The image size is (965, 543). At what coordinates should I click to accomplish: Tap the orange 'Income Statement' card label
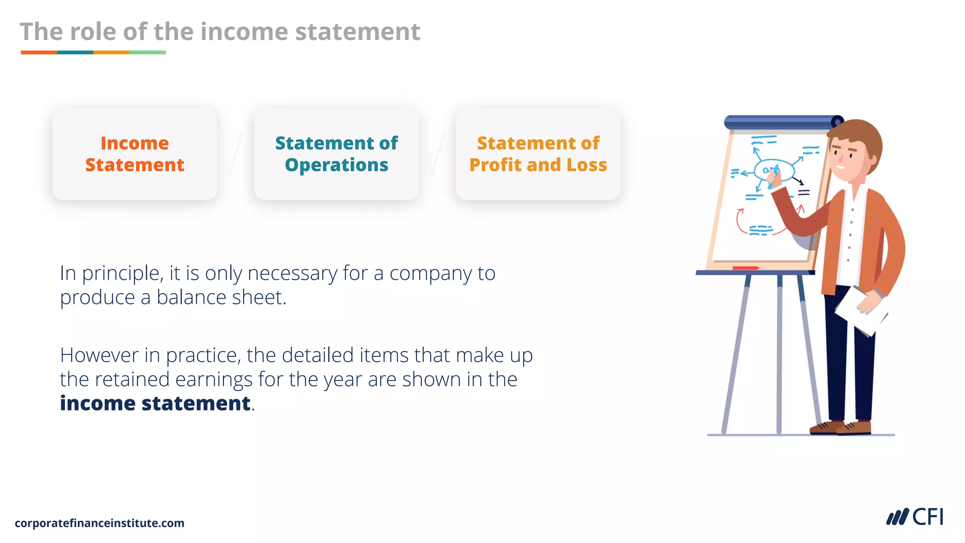pyautogui.click(x=135, y=154)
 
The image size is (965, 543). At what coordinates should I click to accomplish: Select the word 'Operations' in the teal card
pyautogui.click(x=336, y=165)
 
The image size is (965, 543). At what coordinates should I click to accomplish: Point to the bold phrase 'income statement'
pyautogui.click(x=155, y=403)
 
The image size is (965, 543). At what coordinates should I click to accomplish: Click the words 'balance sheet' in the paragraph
pyautogui.click(x=221, y=297)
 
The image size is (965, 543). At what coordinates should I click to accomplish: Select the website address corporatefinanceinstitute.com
pyautogui.click(x=99, y=523)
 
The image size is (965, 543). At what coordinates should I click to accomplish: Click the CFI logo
pyautogui.click(x=915, y=517)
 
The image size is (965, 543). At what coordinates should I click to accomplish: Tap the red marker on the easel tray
pyautogui.click(x=745, y=268)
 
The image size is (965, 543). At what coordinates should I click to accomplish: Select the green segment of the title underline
pyautogui.click(x=147, y=52)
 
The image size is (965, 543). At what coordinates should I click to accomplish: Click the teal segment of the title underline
pyautogui.click(x=75, y=52)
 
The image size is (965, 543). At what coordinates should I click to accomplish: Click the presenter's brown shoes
pyautogui.click(x=841, y=428)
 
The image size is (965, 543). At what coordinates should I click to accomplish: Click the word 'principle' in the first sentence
pyautogui.click(x=123, y=274)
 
